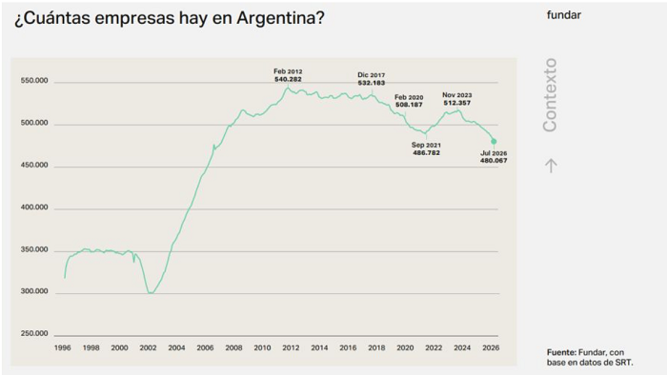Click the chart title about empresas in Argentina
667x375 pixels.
coord(170,18)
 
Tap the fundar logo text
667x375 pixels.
coord(564,15)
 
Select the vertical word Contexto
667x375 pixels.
coord(550,95)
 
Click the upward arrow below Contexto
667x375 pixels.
coord(552,166)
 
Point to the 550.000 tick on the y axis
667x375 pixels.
coord(34,81)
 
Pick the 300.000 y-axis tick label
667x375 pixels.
coord(34,291)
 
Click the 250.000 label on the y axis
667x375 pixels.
coord(34,333)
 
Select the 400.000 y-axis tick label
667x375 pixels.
coord(34,207)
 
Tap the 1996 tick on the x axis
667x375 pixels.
coord(63,347)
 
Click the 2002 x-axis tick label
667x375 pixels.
coord(148,347)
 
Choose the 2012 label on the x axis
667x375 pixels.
coord(291,347)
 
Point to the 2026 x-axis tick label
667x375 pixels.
coord(491,347)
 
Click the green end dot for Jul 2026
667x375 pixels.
coord(494,142)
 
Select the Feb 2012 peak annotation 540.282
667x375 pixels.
coord(288,75)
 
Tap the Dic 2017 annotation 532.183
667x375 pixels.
coord(372,79)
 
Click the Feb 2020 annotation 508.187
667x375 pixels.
coord(409,101)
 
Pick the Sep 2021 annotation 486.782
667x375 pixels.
coord(426,148)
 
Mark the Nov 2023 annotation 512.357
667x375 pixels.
coord(457,99)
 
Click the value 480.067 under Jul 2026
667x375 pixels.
coord(494,161)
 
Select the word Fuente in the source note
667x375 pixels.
coord(561,352)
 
